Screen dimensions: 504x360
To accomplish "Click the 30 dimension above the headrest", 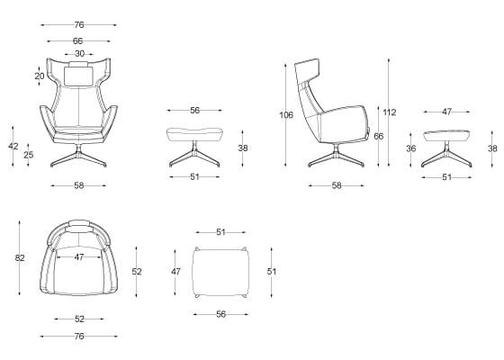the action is [x=79, y=54].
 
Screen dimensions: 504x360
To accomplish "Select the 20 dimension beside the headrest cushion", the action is [x=40, y=76].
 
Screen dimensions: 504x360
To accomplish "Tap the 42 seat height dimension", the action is [x=13, y=146].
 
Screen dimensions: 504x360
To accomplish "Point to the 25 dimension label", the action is [x=28, y=155].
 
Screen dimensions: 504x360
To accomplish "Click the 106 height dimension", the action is [x=286, y=115].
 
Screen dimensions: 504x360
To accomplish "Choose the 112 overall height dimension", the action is [x=390, y=112].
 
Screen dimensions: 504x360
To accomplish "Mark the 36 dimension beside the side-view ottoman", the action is [x=410, y=148].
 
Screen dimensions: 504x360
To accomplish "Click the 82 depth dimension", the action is [x=20, y=257].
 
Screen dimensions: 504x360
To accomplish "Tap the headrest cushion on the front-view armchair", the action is [x=79, y=76].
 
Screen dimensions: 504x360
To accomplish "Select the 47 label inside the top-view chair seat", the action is [x=79, y=257].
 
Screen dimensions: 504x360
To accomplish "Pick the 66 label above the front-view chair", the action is [x=77, y=41].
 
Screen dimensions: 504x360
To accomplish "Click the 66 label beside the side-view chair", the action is [x=378, y=136].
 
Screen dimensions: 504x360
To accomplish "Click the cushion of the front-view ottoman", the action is [x=194, y=134].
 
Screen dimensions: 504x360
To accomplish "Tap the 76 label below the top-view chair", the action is [x=79, y=337].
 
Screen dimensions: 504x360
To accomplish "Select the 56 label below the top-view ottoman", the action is [x=220, y=314].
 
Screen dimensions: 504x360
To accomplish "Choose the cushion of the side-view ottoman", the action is [x=446, y=136].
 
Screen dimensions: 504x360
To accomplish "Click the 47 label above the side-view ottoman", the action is [x=446, y=112].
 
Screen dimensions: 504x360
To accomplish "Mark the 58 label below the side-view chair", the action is [x=337, y=185].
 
